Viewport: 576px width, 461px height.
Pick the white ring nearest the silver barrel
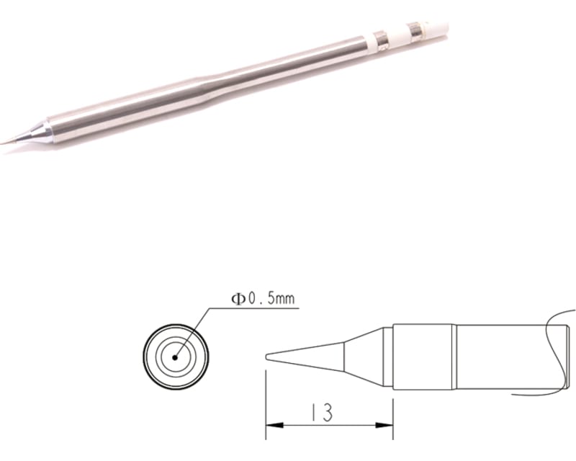point(376,40)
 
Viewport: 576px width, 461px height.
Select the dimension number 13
point(322,413)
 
